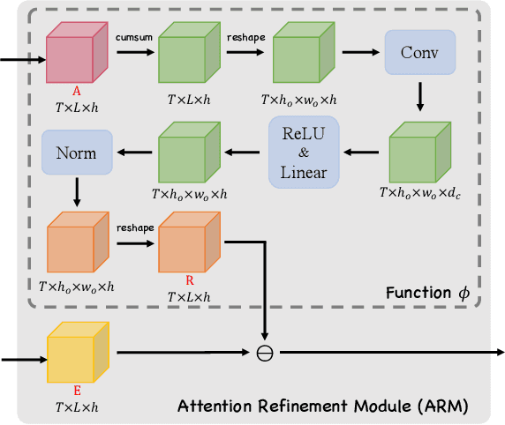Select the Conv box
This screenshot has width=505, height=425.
point(418,54)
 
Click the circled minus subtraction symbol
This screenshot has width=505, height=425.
point(264,353)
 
